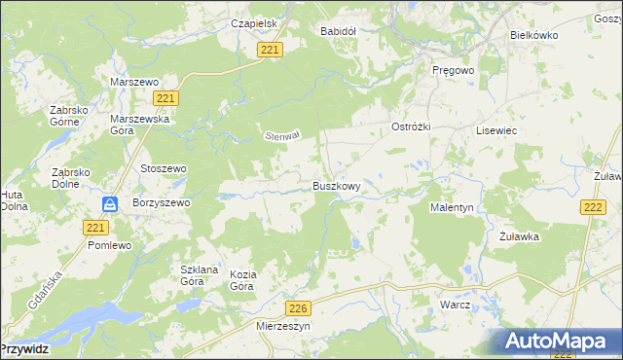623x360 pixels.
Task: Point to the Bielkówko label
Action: pyautogui.click(x=533, y=33)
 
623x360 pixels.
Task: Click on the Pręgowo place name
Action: pyautogui.click(x=453, y=71)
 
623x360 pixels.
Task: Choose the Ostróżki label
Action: pyautogui.click(x=411, y=127)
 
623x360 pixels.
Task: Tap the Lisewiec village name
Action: pyautogui.click(x=495, y=129)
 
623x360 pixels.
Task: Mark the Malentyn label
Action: pyautogui.click(x=452, y=207)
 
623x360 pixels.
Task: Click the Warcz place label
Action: pyautogui.click(x=455, y=305)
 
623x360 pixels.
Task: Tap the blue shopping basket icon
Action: pyautogui.click(x=111, y=204)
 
